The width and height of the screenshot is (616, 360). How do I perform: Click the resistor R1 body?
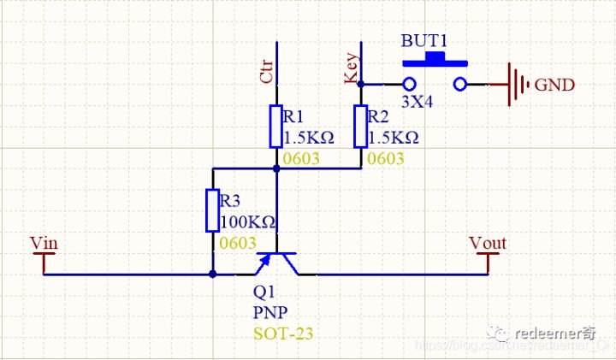(276, 126)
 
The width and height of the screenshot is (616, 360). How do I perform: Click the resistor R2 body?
(360, 126)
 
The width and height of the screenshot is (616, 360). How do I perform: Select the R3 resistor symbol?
(213, 210)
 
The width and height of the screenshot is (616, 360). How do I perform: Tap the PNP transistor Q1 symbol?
(277, 261)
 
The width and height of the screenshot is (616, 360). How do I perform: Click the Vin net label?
(44, 243)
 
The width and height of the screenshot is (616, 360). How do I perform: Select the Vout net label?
(488, 243)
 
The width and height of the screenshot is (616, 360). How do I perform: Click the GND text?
(554, 85)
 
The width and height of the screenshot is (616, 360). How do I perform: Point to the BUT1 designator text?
(425, 41)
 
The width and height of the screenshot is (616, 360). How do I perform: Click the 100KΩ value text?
(248, 222)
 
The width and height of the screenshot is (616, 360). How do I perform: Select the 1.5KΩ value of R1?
(308, 137)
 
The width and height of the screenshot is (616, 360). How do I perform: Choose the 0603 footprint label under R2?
(386, 159)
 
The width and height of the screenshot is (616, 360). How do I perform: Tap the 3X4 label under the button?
(418, 101)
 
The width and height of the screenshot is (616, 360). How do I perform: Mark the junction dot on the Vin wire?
(213, 274)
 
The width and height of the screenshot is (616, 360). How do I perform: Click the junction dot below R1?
(276, 168)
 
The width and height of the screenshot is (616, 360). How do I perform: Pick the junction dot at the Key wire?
(360, 84)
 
